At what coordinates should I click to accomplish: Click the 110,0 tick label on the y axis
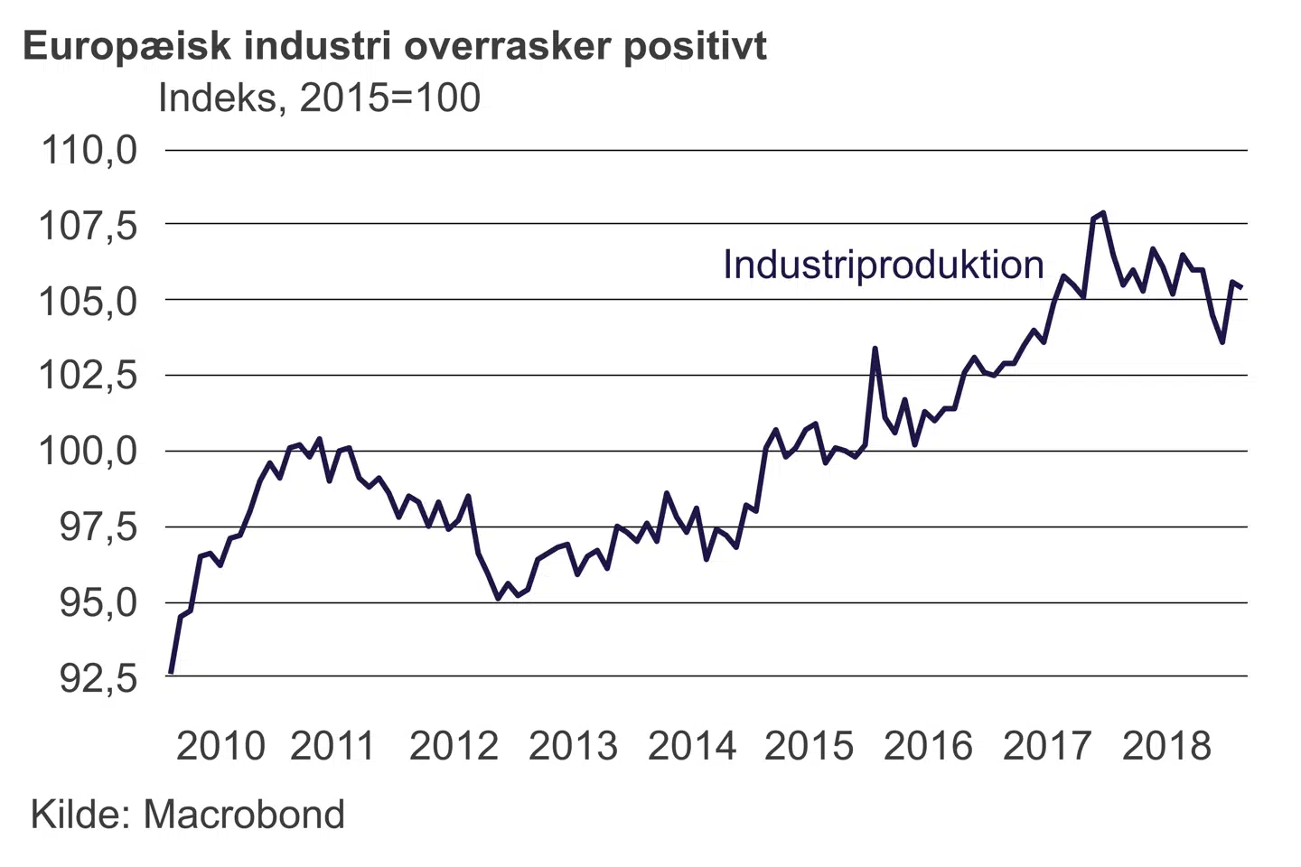(x=89, y=150)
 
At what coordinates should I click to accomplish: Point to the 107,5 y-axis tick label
(x=89, y=225)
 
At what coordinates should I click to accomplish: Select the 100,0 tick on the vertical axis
(x=89, y=451)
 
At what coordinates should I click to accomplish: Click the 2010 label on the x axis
(x=220, y=746)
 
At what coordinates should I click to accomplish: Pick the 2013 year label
(x=573, y=746)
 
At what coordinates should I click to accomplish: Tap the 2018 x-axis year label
(x=1166, y=746)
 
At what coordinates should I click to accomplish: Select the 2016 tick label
(x=928, y=746)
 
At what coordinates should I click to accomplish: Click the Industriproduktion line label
(x=883, y=265)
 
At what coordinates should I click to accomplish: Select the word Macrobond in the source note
(x=244, y=815)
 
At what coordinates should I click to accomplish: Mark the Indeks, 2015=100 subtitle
(x=319, y=98)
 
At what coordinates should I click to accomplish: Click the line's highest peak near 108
(x=1103, y=213)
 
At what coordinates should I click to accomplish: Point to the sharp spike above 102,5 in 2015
(x=875, y=349)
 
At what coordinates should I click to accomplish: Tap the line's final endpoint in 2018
(x=1242, y=287)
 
